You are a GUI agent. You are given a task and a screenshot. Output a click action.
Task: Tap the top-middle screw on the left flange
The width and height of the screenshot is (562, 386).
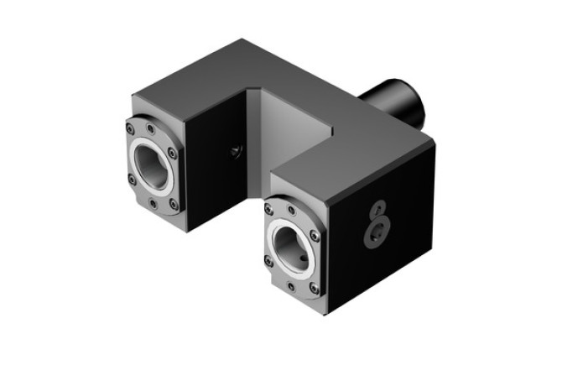pos(150,128)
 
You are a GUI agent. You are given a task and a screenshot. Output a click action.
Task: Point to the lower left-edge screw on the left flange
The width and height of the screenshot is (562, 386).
pos(132,179)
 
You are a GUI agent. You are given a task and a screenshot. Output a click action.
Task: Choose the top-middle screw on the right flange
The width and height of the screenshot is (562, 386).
pos(289,210)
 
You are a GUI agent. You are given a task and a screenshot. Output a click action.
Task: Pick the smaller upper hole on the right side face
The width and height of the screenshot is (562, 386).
pos(379,207)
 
